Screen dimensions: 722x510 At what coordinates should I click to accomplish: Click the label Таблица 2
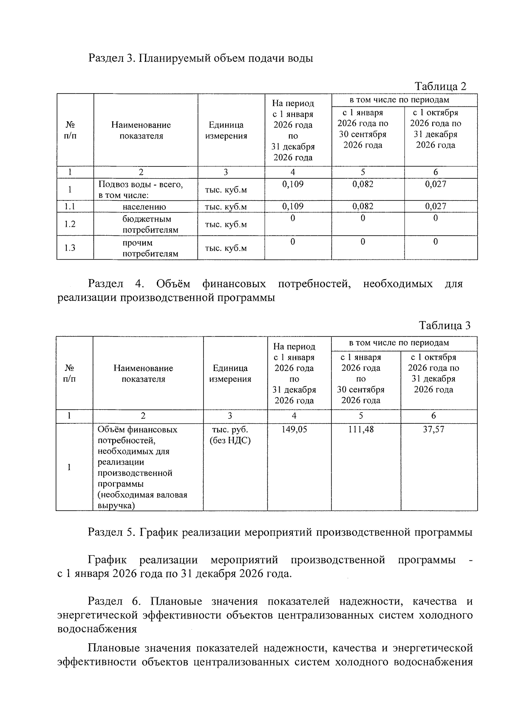pos(440,86)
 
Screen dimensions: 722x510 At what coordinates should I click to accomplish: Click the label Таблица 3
pos(445,326)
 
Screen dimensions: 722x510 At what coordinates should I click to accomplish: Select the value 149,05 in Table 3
pos(294,430)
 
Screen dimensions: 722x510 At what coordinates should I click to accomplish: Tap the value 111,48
pos(361,430)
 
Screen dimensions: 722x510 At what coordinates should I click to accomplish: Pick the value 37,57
pos(433,430)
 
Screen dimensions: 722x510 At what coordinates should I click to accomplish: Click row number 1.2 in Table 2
pos(70,224)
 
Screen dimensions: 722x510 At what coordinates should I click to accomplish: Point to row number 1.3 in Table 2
pos(70,248)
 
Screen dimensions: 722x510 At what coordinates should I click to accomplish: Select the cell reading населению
pos(144,207)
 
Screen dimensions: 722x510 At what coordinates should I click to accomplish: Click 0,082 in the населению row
pos(363,207)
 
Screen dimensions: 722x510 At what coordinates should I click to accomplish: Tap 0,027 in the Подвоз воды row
pos(436,184)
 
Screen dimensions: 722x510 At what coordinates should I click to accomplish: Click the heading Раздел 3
pos(200,58)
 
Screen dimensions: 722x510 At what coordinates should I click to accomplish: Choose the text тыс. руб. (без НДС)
pos(230,435)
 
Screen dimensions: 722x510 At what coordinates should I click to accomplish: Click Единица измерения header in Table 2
pos(226,131)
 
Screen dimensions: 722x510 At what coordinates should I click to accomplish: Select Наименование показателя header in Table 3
pos(143,374)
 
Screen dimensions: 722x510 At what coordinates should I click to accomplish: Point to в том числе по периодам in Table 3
pos(399,343)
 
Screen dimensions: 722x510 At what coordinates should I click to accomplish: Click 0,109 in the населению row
pos(293,207)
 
